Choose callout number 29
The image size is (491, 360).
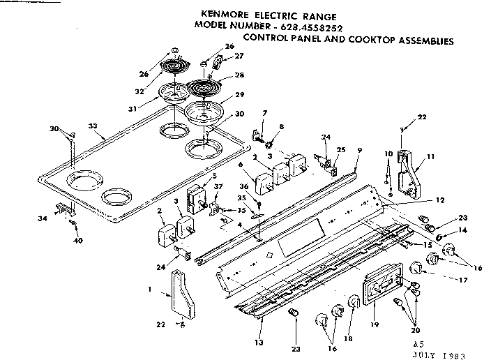pyautogui.click(x=239, y=93)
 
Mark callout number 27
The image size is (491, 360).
pyautogui.click(x=239, y=55)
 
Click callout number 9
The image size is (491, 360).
pyautogui.click(x=360, y=149)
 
